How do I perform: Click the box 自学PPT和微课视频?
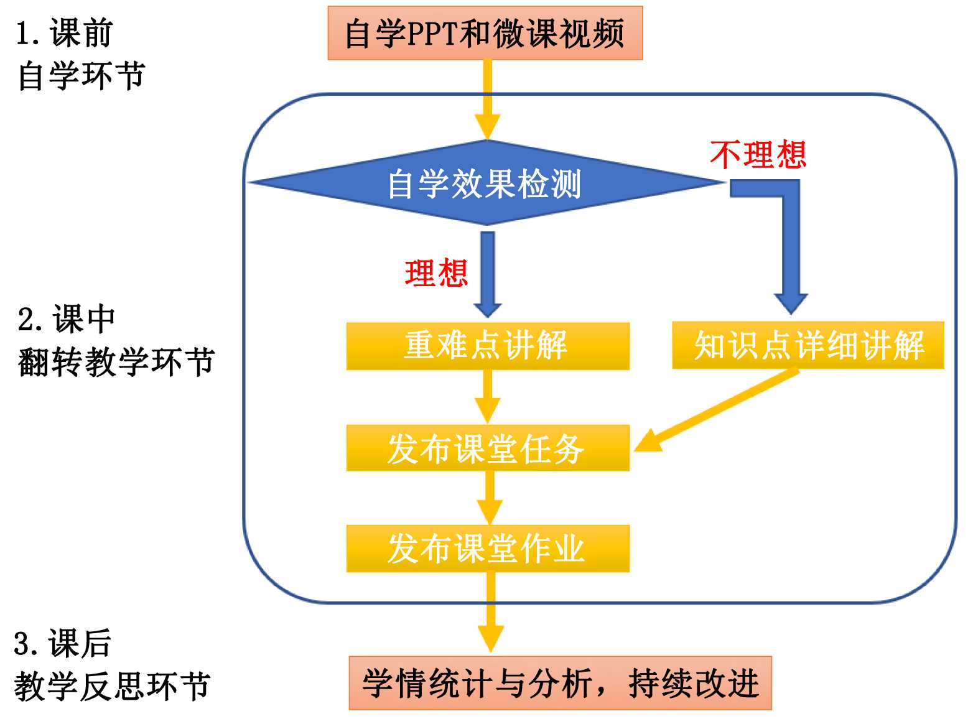[x=485, y=34]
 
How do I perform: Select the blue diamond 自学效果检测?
[x=485, y=183]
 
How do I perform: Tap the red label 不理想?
[x=758, y=154]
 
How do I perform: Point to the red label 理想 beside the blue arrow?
[x=436, y=273]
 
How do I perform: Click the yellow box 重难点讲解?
[x=487, y=346]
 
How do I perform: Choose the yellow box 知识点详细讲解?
[x=807, y=346]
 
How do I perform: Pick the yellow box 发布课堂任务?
[x=487, y=448]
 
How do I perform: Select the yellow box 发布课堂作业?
[x=487, y=549]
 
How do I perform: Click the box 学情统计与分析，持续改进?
[x=560, y=683]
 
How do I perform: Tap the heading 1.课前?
[x=64, y=33]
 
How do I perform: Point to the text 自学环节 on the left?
[x=81, y=76]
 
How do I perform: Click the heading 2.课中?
[x=66, y=320]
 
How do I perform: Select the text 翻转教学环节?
[x=116, y=362]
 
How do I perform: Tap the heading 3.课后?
[x=62, y=643]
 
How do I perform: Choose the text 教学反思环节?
[x=112, y=686]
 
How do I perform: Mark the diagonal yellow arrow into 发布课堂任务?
[x=715, y=411]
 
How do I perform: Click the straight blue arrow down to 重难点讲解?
[x=488, y=274]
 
